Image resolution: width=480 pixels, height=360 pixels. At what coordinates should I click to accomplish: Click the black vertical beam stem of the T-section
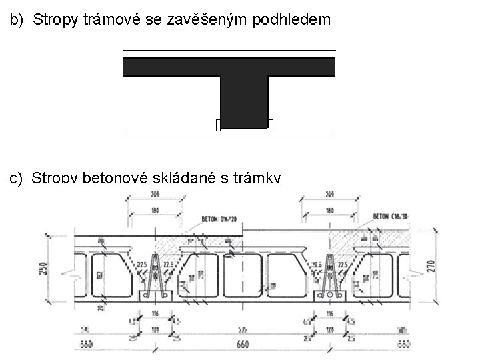(x=245, y=100)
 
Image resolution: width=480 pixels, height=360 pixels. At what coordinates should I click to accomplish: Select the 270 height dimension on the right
(x=431, y=266)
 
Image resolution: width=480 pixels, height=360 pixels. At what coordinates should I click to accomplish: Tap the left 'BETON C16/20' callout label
(x=217, y=218)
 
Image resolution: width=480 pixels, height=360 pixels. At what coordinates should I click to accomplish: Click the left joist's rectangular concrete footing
(x=156, y=295)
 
